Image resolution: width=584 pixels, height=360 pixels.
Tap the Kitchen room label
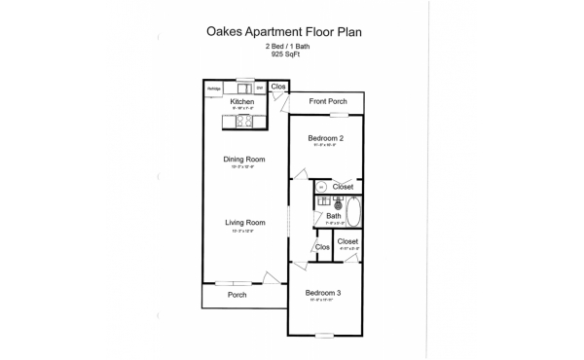pos(241,100)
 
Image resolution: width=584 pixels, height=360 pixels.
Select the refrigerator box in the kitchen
pos(214,89)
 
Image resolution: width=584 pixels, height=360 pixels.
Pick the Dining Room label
pos(245,160)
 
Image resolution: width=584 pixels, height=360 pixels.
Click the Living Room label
pos(245,222)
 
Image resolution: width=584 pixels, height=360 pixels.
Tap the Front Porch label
pos(328,102)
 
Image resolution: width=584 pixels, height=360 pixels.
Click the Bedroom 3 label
pos(323,293)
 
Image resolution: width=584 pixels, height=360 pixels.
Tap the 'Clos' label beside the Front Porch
pos(278,87)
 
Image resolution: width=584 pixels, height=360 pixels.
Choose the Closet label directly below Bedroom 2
pos(343,186)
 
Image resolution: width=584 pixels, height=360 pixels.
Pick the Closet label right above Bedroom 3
pos(347,241)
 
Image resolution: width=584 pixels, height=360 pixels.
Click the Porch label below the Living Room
pos(237,295)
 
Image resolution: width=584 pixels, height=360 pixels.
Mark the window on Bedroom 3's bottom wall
pos(323,336)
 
